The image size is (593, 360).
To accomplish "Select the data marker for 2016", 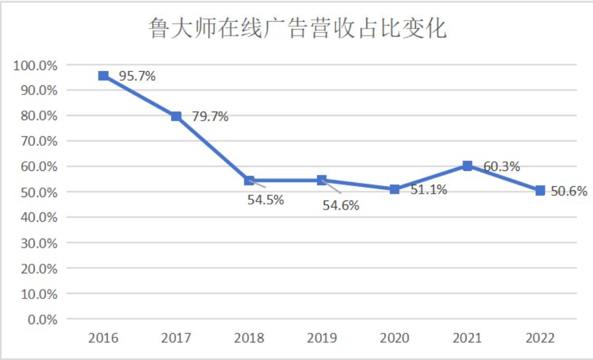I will [103, 76].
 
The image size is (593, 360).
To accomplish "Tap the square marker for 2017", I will [176, 116].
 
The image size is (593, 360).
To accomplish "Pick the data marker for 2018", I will [249, 180].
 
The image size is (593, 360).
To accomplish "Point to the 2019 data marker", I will [322, 180].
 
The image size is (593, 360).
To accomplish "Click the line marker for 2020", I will [394, 189].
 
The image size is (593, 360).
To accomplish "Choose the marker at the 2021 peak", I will [467, 166].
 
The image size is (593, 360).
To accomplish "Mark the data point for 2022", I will [540, 190].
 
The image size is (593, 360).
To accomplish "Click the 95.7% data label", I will [137, 76].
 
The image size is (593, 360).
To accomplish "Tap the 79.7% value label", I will [210, 117].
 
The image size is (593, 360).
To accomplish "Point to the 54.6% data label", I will [341, 205].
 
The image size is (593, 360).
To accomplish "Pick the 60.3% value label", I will [502, 166].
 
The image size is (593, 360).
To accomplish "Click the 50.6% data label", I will [569, 191].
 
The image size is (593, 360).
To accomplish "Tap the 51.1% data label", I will [429, 190].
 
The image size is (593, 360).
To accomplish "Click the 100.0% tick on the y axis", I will [35, 65].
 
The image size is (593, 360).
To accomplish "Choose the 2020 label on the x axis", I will [394, 338].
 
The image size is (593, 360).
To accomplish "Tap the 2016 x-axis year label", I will [103, 338].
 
